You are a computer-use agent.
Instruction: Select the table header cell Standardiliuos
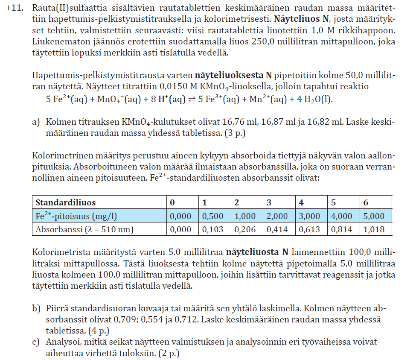pyautogui.click(x=66, y=202)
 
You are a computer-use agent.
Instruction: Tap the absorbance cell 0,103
pyautogui.click(x=212, y=230)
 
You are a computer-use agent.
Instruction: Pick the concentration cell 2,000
pyautogui.click(x=277, y=216)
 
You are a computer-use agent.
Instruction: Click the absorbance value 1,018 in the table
pyautogui.click(x=374, y=230)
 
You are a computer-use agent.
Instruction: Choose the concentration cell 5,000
pyautogui.click(x=374, y=216)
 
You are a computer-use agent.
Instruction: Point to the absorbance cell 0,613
pyautogui.click(x=309, y=230)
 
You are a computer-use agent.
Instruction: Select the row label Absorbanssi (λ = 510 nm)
pyautogui.click(x=84, y=230)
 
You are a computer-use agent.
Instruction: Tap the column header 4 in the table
pyautogui.click(x=302, y=202)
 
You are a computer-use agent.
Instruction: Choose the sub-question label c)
pyautogui.click(x=37, y=342)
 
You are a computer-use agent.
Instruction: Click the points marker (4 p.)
pyautogui.click(x=98, y=330)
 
